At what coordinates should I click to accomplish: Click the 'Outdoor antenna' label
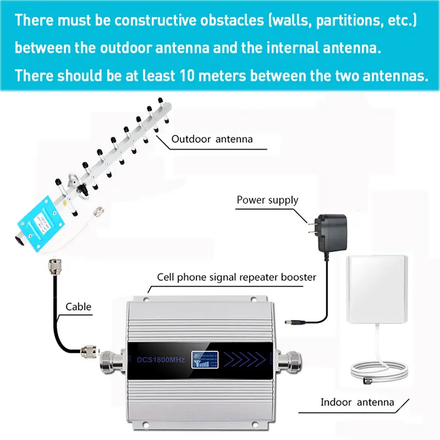[x=212, y=139]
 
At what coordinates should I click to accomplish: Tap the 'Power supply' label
[x=267, y=199]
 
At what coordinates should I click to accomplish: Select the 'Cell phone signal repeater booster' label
[x=237, y=277]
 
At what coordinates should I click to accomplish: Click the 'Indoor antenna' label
[x=357, y=402]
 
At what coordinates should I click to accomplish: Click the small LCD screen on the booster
[x=203, y=360]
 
